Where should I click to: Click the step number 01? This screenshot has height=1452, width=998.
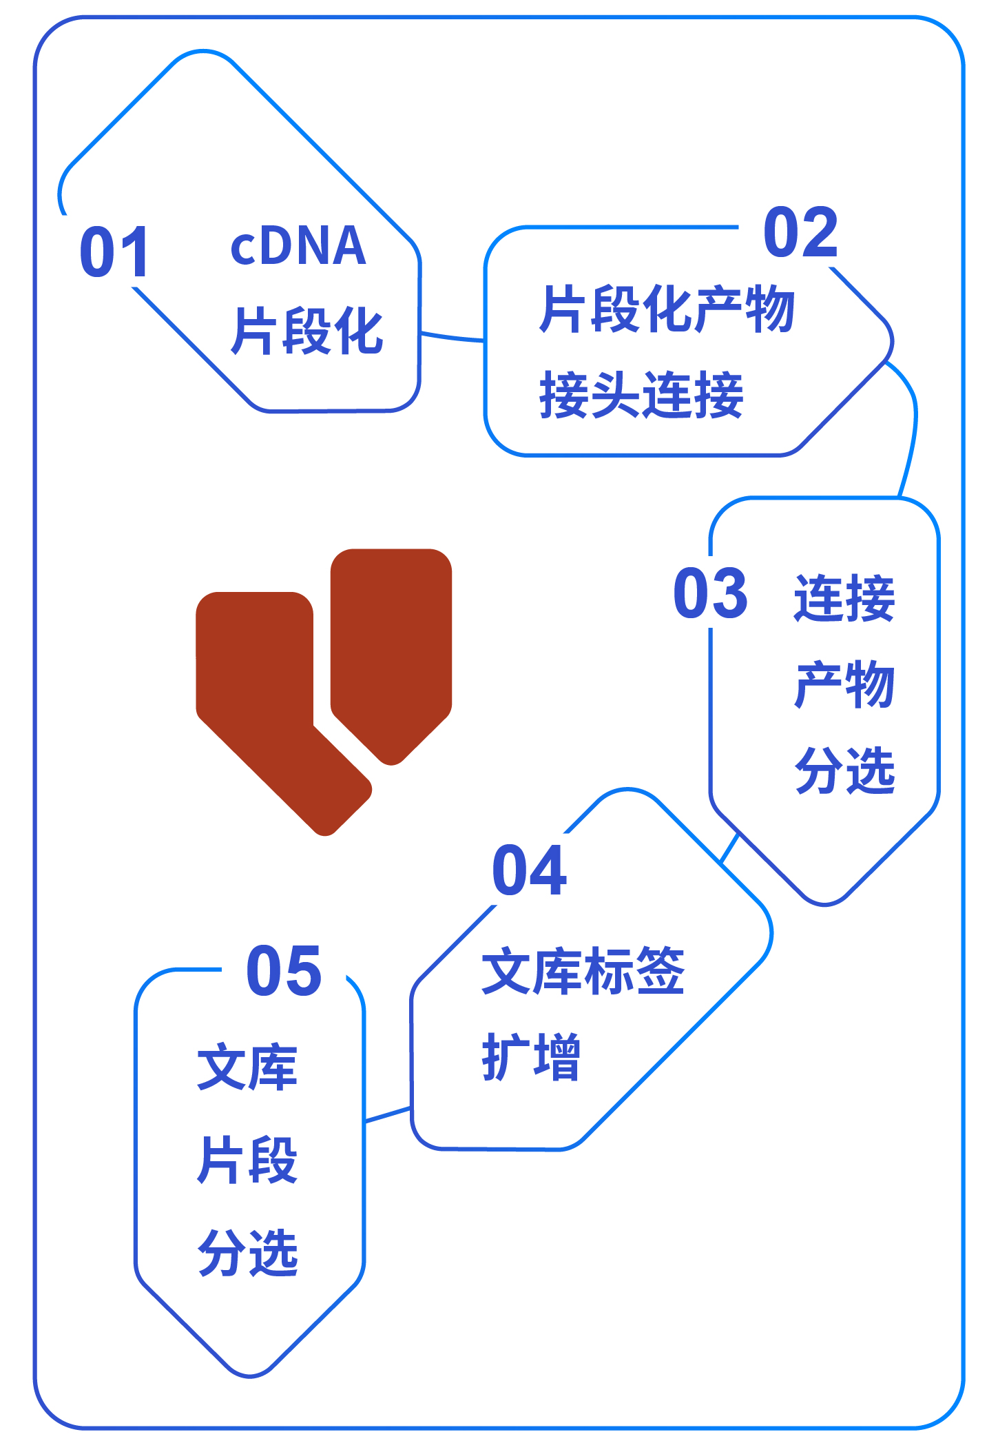point(114,252)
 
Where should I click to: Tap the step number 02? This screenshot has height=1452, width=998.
point(801,232)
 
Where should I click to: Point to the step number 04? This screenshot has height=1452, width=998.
point(530,870)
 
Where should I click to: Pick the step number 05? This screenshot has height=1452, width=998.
point(284,971)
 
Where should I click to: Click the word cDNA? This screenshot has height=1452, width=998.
point(298,246)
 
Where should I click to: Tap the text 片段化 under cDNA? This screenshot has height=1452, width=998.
point(306,331)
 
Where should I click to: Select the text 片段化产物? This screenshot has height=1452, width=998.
point(667,309)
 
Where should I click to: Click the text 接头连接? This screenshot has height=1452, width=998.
point(641,394)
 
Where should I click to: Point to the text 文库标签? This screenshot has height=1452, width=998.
point(583,970)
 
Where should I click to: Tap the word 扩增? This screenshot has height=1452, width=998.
point(531,1056)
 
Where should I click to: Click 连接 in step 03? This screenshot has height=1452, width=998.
point(844,597)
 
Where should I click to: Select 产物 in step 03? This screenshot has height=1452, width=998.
point(844,684)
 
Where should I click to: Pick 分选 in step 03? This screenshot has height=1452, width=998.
point(844,770)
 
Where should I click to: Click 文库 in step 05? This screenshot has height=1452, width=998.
point(247,1067)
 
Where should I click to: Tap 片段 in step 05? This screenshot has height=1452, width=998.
point(247,1160)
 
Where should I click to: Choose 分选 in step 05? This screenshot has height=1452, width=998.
point(247,1252)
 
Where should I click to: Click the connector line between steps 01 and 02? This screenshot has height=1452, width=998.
point(453,338)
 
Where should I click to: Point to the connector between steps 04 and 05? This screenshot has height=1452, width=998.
point(388,1114)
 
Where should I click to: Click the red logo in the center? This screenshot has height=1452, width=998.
point(324,692)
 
